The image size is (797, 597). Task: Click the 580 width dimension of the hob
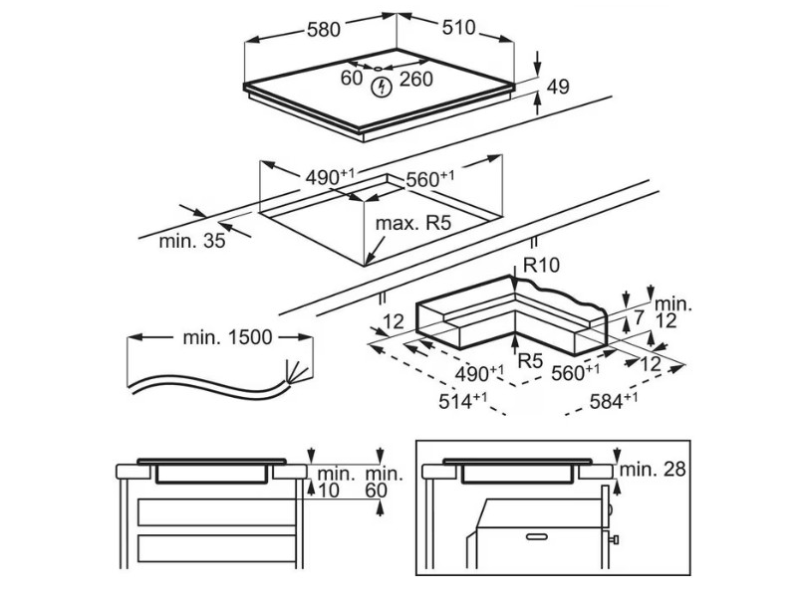click(324, 30)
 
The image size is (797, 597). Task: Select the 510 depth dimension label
click(458, 28)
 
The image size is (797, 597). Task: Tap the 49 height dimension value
click(558, 88)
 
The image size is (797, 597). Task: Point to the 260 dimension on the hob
click(415, 78)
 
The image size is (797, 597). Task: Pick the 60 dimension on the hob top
click(352, 78)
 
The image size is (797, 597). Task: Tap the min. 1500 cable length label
click(227, 337)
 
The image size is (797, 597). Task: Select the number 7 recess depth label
click(639, 318)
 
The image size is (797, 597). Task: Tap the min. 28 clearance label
click(654, 469)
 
